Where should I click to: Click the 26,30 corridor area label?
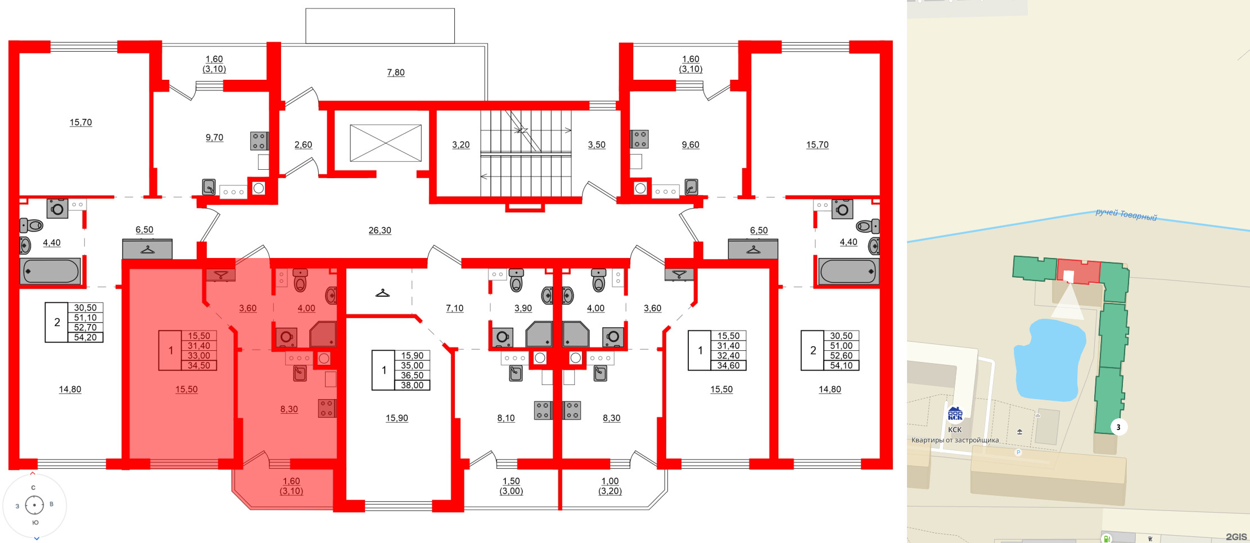[x=380, y=230]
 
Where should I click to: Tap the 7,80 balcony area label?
[x=395, y=73]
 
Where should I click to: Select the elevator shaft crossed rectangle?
[x=386, y=143]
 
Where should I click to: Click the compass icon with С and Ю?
[x=34, y=505]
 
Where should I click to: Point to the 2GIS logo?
[x=1236, y=537]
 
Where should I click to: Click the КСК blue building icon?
[x=955, y=414]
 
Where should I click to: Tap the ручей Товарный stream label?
[x=1126, y=215]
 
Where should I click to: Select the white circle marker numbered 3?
[x=1118, y=427]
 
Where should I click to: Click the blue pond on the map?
[x=1049, y=360]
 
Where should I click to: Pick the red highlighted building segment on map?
[x=1078, y=272]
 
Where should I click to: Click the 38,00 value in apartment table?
[x=412, y=386]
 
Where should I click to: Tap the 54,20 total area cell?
[x=85, y=338]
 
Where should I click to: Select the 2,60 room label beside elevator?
[x=303, y=145]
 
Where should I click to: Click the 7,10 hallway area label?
[x=454, y=308]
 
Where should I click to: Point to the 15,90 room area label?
[x=396, y=418]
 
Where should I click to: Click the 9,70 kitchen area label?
[x=214, y=138]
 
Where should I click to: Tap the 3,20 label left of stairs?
[x=461, y=145]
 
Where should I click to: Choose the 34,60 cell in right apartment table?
[x=728, y=366]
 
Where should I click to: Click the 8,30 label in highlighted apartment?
[x=289, y=409]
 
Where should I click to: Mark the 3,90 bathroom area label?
[x=523, y=308]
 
